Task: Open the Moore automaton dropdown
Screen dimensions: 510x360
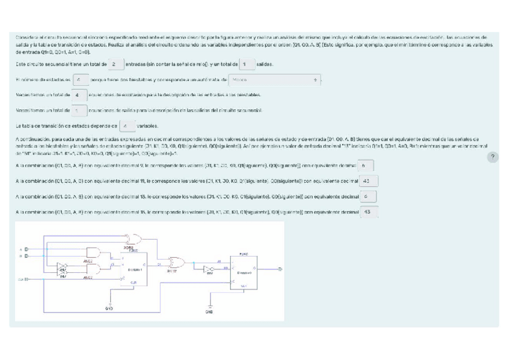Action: coord(274,79)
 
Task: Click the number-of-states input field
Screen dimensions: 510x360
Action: coord(80,79)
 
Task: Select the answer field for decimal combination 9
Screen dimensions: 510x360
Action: coord(366,165)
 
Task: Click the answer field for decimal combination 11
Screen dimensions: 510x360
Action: coord(367,180)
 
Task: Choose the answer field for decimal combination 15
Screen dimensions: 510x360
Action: coord(368,212)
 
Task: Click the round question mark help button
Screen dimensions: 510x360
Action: coord(493,157)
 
